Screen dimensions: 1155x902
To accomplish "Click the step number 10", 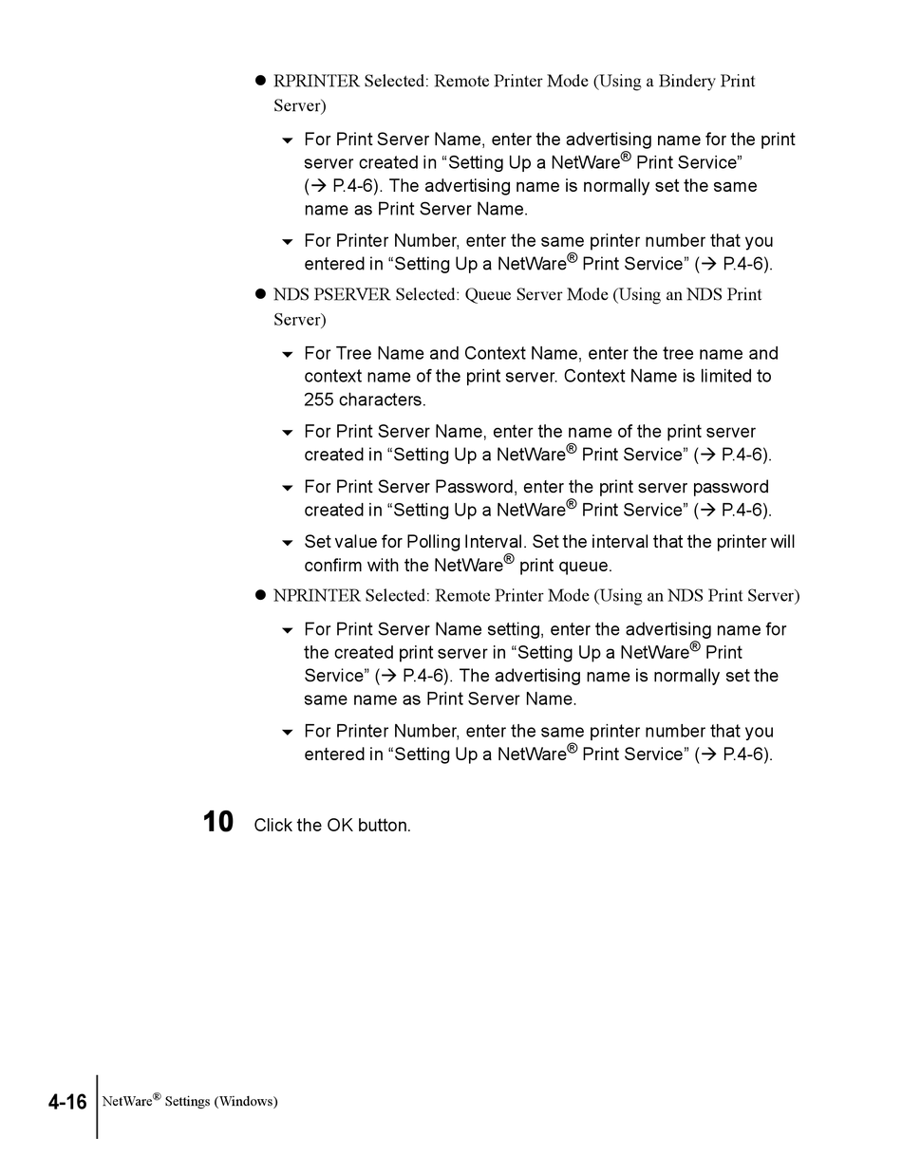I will pos(218,822).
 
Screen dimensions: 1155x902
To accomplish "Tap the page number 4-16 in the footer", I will pos(67,1102).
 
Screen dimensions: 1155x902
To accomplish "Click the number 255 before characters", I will pos(319,400).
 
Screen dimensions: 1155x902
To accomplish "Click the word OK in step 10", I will pos(340,825).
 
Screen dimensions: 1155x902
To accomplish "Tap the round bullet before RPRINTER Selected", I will pos(260,82).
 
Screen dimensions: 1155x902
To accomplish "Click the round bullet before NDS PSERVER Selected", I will pos(260,295).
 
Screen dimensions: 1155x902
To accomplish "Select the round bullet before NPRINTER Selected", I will pos(260,596).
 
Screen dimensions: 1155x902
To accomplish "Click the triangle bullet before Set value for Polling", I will pos(288,544).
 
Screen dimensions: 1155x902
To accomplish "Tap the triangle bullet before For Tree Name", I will pos(288,355).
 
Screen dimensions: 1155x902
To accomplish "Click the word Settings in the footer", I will pos(187,1102).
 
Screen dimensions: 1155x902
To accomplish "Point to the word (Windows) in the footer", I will pos(246,1102).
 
